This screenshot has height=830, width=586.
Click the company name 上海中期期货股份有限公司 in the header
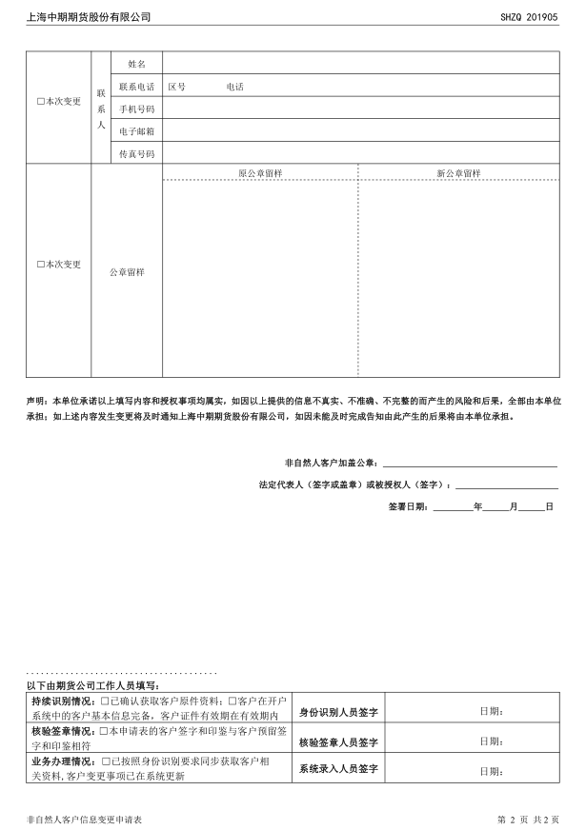(89, 17)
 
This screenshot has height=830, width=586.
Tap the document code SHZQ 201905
(529, 17)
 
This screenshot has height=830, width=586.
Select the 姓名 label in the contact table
(136, 63)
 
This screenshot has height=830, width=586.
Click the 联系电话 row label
(136, 87)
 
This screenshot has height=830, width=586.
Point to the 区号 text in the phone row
(177, 87)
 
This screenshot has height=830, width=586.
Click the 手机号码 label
(136, 109)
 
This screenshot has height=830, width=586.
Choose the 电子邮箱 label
(136, 131)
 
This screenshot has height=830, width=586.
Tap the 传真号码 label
(136, 153)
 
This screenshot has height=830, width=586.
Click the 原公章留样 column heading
(259, 173)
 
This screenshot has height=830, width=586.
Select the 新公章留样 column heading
(458, 173)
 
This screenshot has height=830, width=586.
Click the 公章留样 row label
(127, 272)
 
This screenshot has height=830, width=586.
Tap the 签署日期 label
(408, 507)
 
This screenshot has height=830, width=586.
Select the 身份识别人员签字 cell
(338, 711)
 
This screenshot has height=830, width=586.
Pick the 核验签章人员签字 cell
(338, 741)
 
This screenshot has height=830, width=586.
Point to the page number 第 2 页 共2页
(528, 819)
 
